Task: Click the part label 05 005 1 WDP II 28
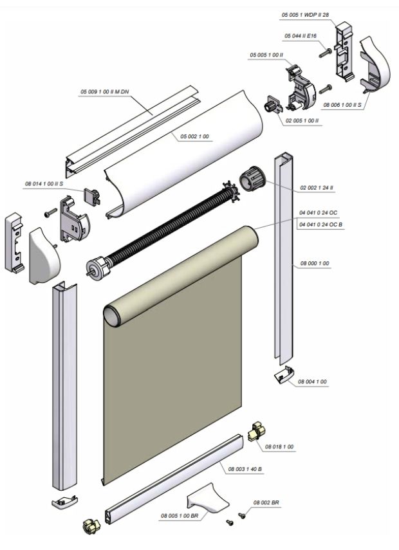[306, 14]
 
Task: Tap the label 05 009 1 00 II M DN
[104, 93]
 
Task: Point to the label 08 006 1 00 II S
[344, 104]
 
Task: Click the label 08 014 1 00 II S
[47, 184]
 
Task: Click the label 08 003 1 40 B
[245, 469]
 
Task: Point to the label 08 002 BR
[266, 502]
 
